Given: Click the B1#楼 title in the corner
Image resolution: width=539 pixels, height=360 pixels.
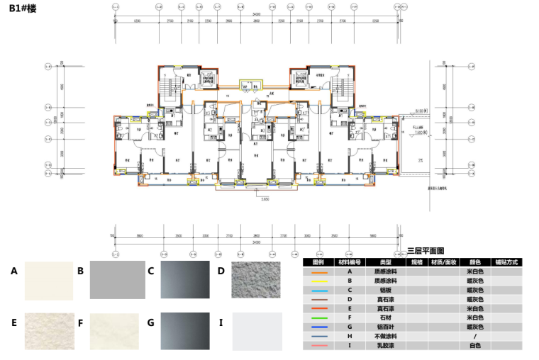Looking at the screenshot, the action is [x=23, y=12].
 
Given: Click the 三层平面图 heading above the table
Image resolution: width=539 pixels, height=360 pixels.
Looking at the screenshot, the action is [x=426, y=252].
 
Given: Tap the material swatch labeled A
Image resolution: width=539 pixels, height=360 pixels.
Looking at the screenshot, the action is [x=49, y=281].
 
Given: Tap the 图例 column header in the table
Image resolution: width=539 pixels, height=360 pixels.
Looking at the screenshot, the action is [x=318, y=262].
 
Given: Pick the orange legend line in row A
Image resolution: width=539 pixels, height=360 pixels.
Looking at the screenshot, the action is [x=318, y=271].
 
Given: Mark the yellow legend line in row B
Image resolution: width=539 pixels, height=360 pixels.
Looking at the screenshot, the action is [x=318, y=281].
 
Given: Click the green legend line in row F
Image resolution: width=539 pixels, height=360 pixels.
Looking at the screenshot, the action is [x=318, y=317].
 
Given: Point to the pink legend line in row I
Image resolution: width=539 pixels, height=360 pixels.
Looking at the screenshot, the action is [x=318, y=345].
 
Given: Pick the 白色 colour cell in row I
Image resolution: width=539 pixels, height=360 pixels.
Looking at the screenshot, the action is [x=474, y=345].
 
